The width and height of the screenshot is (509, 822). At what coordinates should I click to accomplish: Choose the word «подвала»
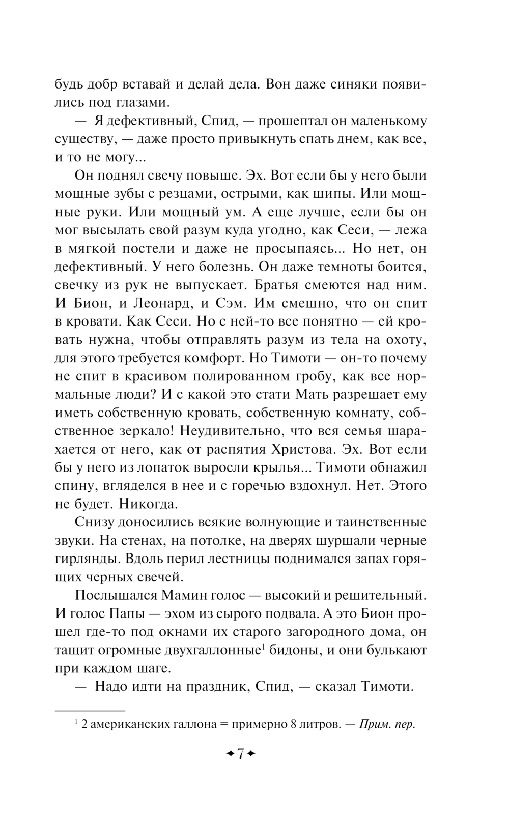click(x=282, y=613)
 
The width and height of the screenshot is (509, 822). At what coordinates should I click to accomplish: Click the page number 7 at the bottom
click(x=240, y=753)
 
